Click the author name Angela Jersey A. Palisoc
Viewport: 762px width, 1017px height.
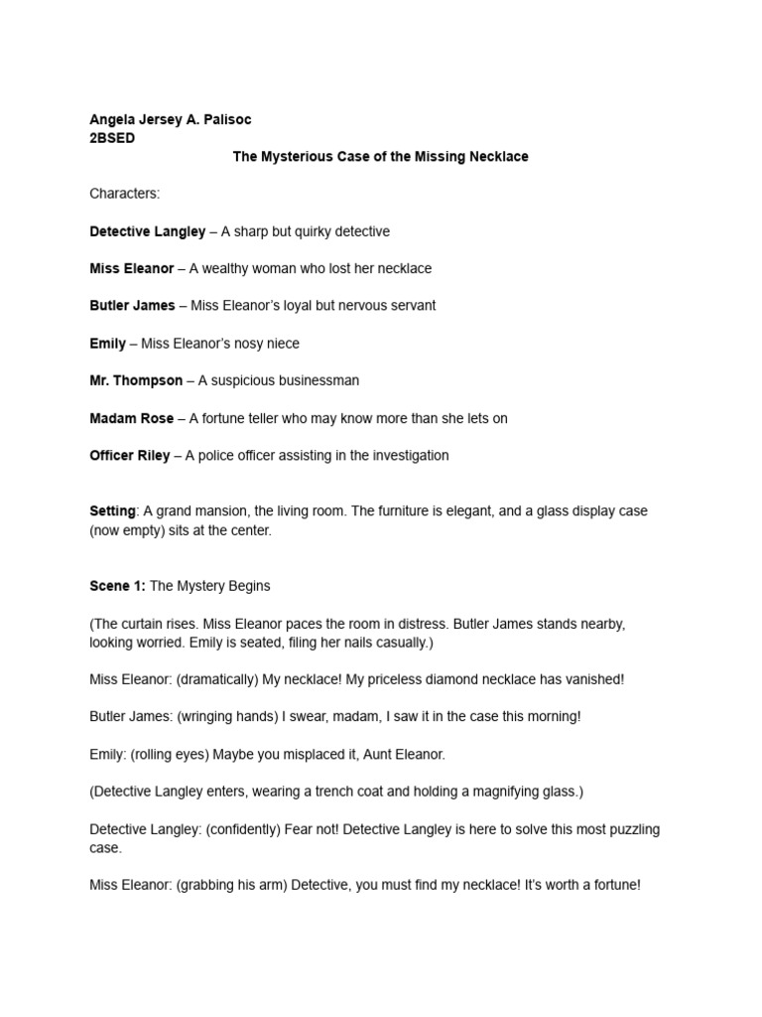(x=171, y=119)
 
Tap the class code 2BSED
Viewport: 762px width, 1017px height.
(x=112, y=138)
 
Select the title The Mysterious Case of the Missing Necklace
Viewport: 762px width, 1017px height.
(x=380, y=157)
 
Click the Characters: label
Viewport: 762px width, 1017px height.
(x=124, y=194)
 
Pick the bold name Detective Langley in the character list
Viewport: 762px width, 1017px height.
(x=147, y=231)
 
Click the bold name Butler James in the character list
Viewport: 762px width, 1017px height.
(x=132, y=306)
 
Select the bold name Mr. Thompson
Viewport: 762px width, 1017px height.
(x=136, y=380)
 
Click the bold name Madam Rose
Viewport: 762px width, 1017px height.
(x=131, y=418)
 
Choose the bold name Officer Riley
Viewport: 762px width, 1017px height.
(x=131, y=456)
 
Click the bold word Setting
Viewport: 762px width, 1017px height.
(x=112, y=511)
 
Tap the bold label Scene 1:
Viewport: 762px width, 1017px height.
(x=117, y=586)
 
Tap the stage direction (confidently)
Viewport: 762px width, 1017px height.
(x=253, y=829)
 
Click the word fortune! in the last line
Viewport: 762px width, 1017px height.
(x=613, y=885)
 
